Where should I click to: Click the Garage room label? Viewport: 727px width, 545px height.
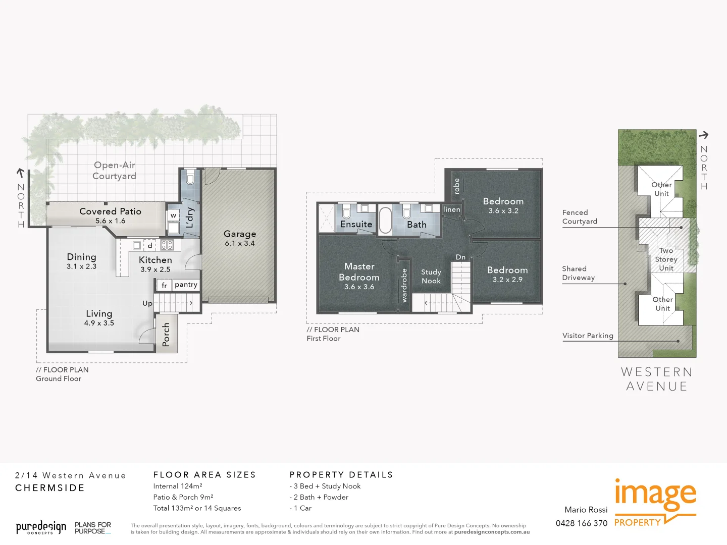tap(240, 234)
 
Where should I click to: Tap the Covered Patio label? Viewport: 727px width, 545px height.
tap(110, 211)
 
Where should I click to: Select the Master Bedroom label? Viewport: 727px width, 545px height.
tap(359, 271)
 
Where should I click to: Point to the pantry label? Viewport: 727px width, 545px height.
tap(186, 285)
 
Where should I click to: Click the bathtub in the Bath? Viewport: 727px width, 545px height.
tap(385, 220)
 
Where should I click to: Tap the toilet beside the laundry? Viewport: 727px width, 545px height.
tap(190, 179)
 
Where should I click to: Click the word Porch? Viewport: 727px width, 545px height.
tap(166, 334)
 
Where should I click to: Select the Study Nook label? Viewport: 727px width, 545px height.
tap(431, 276)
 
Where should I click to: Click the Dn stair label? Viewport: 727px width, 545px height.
tap(460, 257)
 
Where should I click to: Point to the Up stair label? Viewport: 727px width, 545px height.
tap(147, 303)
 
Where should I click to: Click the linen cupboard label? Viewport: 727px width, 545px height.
tap(451, 209)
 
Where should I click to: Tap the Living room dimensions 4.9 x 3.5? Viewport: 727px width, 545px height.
tap(99, 323)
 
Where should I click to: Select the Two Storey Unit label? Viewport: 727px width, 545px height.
tap(666, 259)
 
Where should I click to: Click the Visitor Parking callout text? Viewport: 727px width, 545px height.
tap(588, 336)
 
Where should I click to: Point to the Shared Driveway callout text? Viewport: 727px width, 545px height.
tap(579, 273)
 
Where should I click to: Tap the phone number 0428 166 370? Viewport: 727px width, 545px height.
tap(582, 523)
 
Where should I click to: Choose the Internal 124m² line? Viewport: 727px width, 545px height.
tap(178, 486)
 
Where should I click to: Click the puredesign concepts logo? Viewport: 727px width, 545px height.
tap(41, 528)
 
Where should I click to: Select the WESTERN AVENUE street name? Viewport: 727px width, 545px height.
tap(656, 379)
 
